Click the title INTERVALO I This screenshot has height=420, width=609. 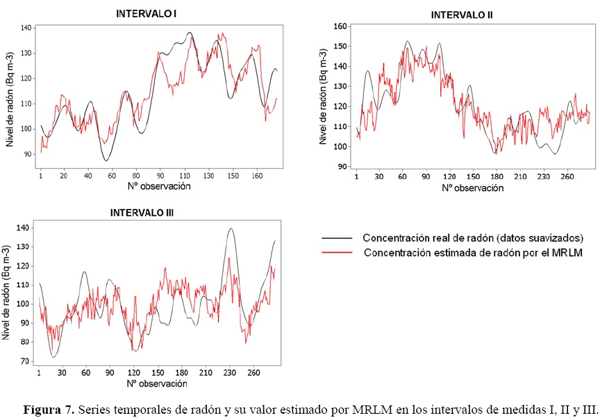pyautogui.click(x=145, y=12)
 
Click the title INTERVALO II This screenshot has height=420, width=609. pyautogui.click(x=462, y=15)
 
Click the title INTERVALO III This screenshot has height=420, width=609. pyautogui.click(x=143, y=213)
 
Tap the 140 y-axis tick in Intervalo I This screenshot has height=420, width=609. pyautogui.click(x=26, y=28)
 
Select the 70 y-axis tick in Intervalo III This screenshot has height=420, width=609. pyautogui.click(x=26, y=362)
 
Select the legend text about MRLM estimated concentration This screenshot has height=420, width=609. pyautogui.click(x=472, y=253)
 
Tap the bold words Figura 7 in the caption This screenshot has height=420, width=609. pyautogui.click(x=49, y=408)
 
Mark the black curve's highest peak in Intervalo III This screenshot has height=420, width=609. pyautogui.click(x=231, y=228)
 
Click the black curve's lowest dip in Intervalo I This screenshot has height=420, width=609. pyautogui.click(x=106, y=161)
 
